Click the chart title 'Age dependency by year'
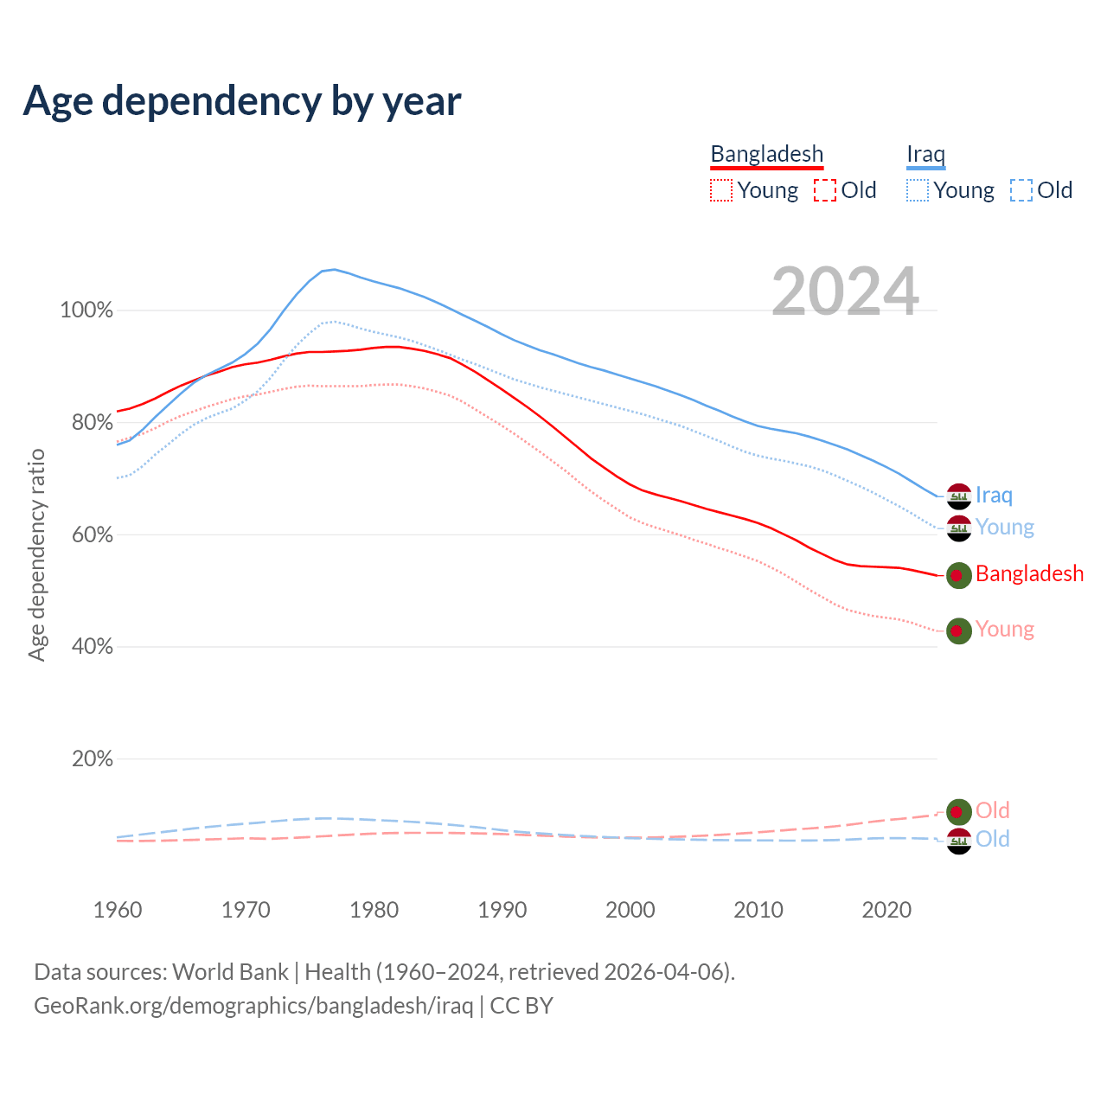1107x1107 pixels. click(242, 101)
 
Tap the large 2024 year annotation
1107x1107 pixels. click(845, 291)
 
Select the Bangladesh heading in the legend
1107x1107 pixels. click(766, 154)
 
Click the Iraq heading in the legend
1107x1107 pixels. click(925, 154)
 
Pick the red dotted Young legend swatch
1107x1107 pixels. click(720, 190)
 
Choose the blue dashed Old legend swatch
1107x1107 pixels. click(1021, 190)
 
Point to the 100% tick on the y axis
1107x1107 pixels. click(86, 310)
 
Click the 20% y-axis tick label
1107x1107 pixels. click(92, 759)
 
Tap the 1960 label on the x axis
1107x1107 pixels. click(118, 910)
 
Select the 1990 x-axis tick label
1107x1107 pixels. click(502, 910)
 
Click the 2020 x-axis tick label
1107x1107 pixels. click(886, 910)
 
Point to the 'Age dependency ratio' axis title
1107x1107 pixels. click(36, 554)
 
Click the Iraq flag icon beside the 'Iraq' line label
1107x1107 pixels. click(958, 496)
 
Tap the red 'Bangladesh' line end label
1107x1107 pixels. click(1029, 574)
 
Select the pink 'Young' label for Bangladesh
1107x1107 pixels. click(1004, 630)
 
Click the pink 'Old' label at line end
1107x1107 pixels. click(992, 810)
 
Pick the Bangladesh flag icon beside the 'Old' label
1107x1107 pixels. click(958, 811)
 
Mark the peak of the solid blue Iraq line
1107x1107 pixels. click(334, 270)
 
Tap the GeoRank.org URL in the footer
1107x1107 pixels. click(253, 1006)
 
